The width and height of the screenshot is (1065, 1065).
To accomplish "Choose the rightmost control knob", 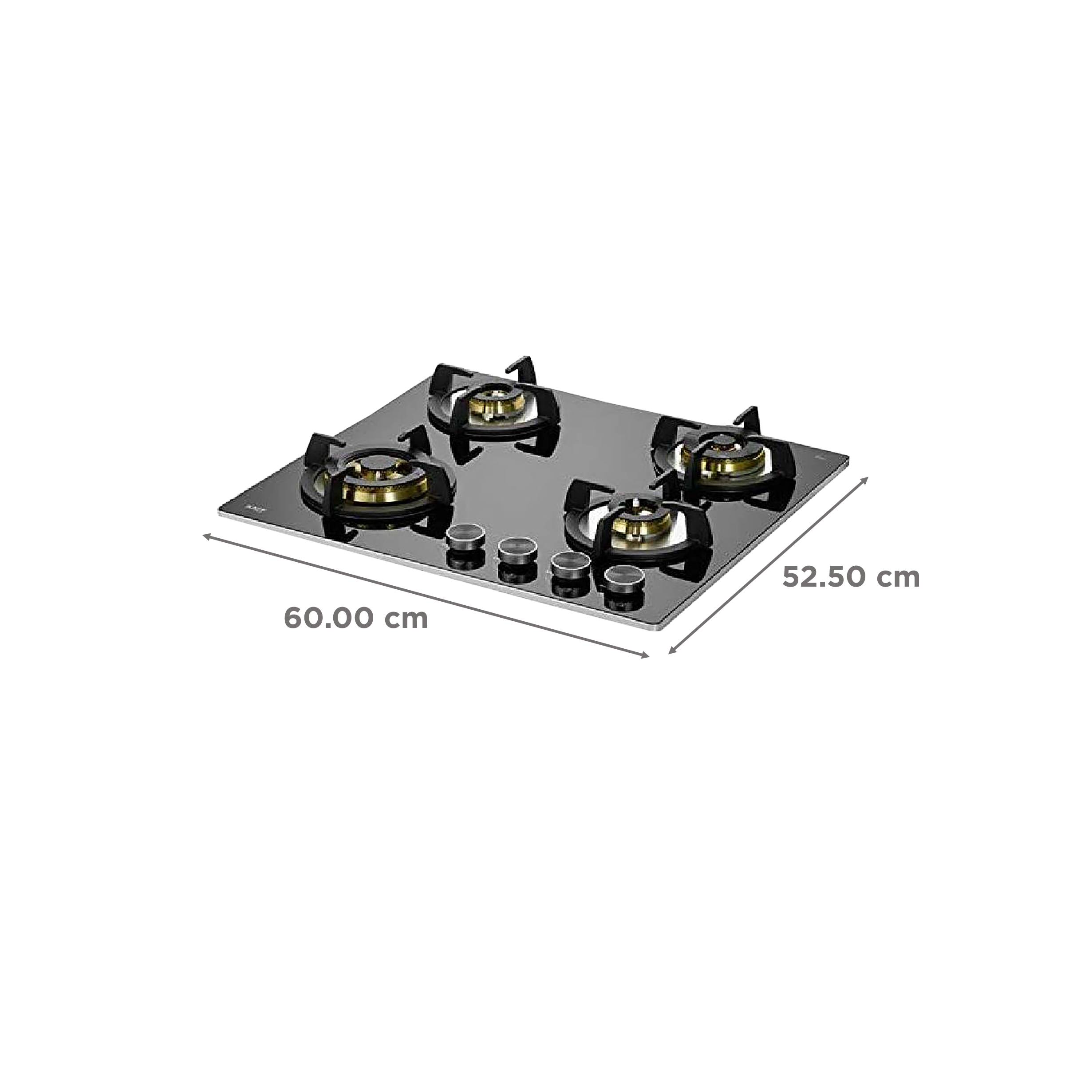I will (618, 580).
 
